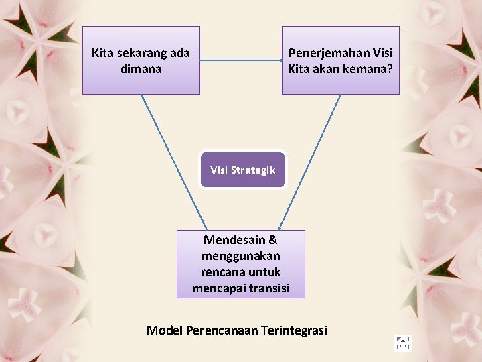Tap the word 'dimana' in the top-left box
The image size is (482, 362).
coord(141,68)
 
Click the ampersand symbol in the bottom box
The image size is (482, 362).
coord(273,240)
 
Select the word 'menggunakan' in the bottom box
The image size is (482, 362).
coord(240,256)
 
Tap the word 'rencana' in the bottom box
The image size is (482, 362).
coord(222,272)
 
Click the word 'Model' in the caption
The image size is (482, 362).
coord(165,330)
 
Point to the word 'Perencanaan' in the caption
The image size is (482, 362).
coord(222,330)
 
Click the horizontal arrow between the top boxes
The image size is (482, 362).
coord(241,61)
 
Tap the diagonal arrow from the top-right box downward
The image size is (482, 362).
coord(310,162)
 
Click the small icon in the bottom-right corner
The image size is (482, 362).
coord(402,344)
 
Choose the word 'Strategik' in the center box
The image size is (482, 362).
coord(253,170)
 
